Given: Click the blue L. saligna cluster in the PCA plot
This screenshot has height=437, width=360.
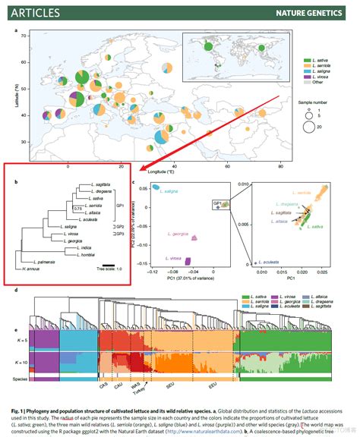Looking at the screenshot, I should [156, 187].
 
